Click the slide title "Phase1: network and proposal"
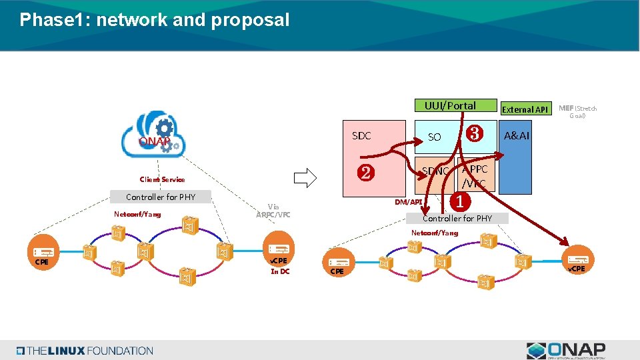click(155, 20)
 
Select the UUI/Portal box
click(451, 106)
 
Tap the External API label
click(525, 109)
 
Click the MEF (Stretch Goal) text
click(577, 111)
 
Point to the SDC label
click(361, 136)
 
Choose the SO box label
click(434, 137)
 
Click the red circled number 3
click(475, 133)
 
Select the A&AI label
click(516, 137)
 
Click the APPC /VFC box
click(475, 177)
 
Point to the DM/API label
click(408, 202)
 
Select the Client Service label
click(162, 179)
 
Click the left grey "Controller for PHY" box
click(161, 197)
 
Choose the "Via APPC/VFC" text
click(273, 211)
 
